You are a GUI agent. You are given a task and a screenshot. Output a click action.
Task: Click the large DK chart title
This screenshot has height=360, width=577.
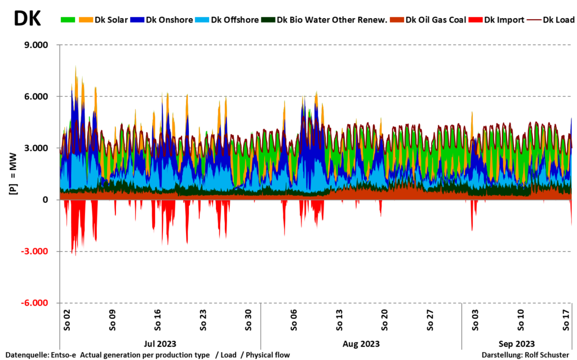27,19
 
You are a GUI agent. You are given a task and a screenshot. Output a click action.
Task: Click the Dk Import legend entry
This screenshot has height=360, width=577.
500,20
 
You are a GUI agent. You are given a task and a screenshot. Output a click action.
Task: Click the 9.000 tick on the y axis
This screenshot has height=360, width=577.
35,45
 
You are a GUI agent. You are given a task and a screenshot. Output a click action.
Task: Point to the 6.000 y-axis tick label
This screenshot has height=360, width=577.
35,97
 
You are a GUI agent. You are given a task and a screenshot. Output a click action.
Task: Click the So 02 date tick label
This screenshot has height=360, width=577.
66,320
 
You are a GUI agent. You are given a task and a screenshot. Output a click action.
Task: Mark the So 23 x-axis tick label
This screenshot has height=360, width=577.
203,320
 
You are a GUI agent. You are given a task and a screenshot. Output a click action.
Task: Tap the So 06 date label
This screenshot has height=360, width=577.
293,320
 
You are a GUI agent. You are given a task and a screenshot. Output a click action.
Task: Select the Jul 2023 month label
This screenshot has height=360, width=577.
160,343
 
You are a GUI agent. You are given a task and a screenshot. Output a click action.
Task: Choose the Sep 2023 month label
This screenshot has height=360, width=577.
517,343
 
